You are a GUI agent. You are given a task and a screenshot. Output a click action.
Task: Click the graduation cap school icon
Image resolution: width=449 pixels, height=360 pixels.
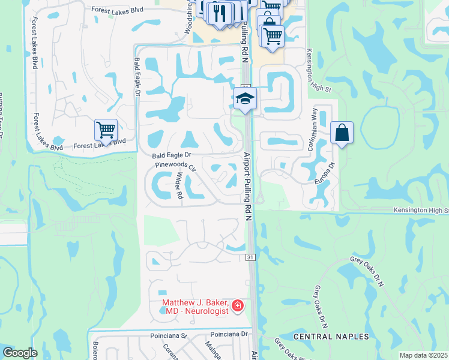pos(245,98)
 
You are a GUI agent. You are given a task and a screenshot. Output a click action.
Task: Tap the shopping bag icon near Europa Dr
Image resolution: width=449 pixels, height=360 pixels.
pos(342,133)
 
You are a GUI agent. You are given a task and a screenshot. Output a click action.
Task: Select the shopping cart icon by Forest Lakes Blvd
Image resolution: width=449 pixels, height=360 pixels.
pos(106,129)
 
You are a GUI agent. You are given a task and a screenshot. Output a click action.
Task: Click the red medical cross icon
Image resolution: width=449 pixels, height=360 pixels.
pos(238,307)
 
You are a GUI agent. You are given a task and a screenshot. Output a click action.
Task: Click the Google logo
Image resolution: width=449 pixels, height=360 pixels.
pos(19,353)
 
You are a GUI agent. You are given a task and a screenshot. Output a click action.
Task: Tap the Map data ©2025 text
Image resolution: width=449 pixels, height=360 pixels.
pos(424,355)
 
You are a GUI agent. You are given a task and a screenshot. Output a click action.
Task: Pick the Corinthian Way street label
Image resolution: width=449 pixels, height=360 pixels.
pos(313,128)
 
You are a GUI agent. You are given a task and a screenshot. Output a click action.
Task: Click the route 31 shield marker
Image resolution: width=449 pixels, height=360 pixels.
pos(250,257)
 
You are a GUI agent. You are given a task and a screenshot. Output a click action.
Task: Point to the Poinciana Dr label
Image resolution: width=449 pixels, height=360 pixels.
pos(229,334)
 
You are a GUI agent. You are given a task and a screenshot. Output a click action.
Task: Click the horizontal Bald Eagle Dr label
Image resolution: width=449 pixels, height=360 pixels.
pos(171,155)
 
